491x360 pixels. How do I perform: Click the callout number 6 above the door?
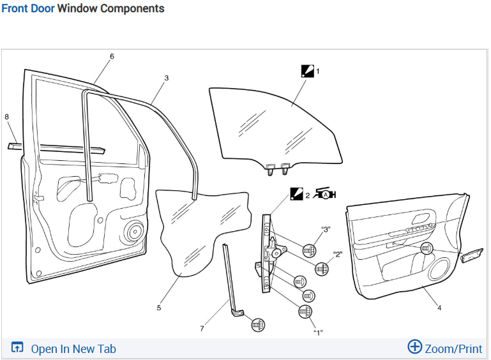pyautogui.click(x=112, y=57)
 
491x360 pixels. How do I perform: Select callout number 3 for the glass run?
pyautogui.click(x=166, y=79)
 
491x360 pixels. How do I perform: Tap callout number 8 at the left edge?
pyautogui.click(x=6, y=117)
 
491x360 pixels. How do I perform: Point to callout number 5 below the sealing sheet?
pyautogui.click(x=159, y=308)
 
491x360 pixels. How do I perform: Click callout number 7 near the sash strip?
pyautogui.click(x=202, y=329)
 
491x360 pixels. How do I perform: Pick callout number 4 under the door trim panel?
pyautogui.click(x=439, y=308)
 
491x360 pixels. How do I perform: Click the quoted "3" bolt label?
pyautogui.click(x=326, y=230)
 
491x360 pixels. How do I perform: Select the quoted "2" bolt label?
pyautogui.click(x=338, y=254)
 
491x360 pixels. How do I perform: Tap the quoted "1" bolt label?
pyautogui.click(x=317, y=333)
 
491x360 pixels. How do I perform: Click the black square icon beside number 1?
pyautogui.click(x=307, y=71)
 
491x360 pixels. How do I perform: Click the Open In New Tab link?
pyautogui.click(x=64, y=349)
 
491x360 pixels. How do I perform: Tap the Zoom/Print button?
pyautogui.click(x=445, y=348)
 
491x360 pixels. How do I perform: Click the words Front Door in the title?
pyautogui.click(x=27, y=9)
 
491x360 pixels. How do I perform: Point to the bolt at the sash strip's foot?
pyautogui.click(x=258, y=324)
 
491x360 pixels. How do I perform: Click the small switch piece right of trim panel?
pyautogui.click(x=472, y=257)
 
